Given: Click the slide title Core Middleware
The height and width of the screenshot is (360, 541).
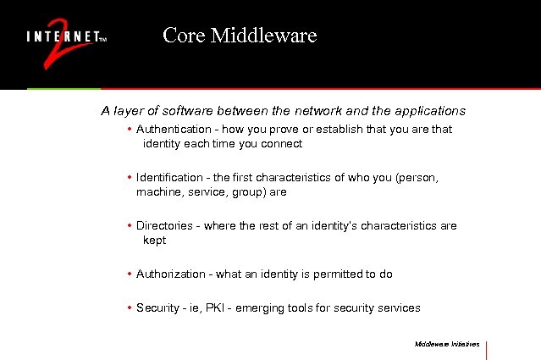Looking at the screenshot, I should tap(240, 36).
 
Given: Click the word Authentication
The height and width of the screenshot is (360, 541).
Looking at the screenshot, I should tap(174, 130).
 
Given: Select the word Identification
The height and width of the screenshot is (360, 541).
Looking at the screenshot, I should tap(170, 178).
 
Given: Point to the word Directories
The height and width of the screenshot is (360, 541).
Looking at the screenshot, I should tap(164, 226).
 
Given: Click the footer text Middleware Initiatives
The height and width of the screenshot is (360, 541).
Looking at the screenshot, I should tap(447, 344).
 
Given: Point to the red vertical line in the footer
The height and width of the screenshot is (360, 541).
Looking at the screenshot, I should tap(487, 349).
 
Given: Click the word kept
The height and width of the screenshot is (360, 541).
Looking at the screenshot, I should tap(154, 241).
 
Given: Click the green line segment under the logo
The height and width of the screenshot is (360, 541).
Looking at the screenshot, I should tap(63, 88).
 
